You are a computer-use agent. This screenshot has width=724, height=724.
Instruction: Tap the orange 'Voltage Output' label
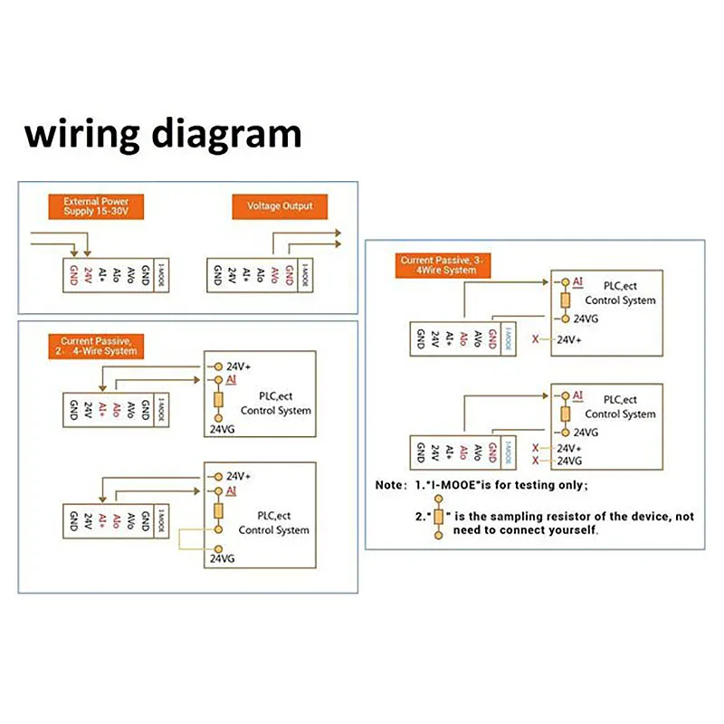(x=280, y=206)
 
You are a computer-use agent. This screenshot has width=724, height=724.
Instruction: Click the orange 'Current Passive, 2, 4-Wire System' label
(x=99, y=346)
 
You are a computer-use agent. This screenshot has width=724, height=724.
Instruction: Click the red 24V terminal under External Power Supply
(x=88, y=274)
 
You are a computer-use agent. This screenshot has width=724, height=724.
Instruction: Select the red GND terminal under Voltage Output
(x=290, y=274)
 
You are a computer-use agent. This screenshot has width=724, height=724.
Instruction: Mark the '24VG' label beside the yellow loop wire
(x=223, y=559)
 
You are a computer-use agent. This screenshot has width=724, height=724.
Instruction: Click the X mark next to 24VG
(x=536, y=461)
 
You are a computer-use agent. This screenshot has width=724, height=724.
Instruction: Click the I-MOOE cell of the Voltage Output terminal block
(x=305, y=274)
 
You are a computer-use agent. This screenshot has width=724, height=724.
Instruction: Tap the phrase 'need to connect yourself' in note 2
(x=542, y=529)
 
